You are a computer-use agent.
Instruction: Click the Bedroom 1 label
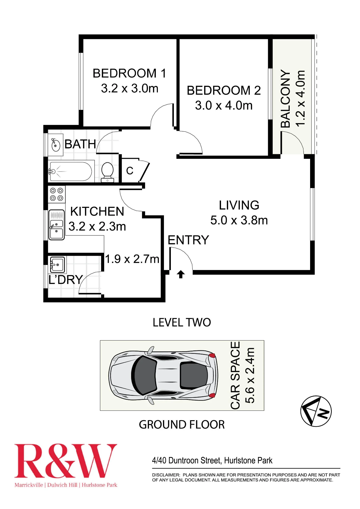pyautogui.click(x=129, y=73)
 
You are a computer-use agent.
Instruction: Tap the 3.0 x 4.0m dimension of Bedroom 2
pyautogui.click(x=224, y=105)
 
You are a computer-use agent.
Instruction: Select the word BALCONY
pyautogui.click(x=285, y=98)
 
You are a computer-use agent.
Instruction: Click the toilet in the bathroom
pyautogui.click(x=107, y=172)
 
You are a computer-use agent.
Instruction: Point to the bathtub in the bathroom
pyautogui.click(x=71, y=172)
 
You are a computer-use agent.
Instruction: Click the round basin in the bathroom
pyautogui.click(x=56, y=145)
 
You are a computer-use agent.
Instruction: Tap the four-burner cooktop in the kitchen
pyautogui.click(x=57, y=194)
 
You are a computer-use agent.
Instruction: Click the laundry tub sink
pyautogui.click(x=57, y=265)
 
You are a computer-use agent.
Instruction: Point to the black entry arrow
pyautogui.click(x=181, y=274)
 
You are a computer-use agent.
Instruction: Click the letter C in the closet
pyautogui.click(x=130, y=171)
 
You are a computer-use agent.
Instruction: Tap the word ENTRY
pyautogui.click(x=188, y=240)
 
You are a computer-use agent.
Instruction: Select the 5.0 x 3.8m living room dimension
pyautogui.click(x=239, y=220)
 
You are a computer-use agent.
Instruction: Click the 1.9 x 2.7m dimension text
pyautogui.click(x=132, y=259)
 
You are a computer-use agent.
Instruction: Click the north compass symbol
pyautogui.click(x=316, y=411)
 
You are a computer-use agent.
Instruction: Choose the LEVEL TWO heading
pyautogui.click(x=182, y=322)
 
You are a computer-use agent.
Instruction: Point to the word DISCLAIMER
pyautogui.click(x=166, y=475)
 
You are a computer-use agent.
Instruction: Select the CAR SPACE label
pyautogui.click(x=235, y=375)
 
